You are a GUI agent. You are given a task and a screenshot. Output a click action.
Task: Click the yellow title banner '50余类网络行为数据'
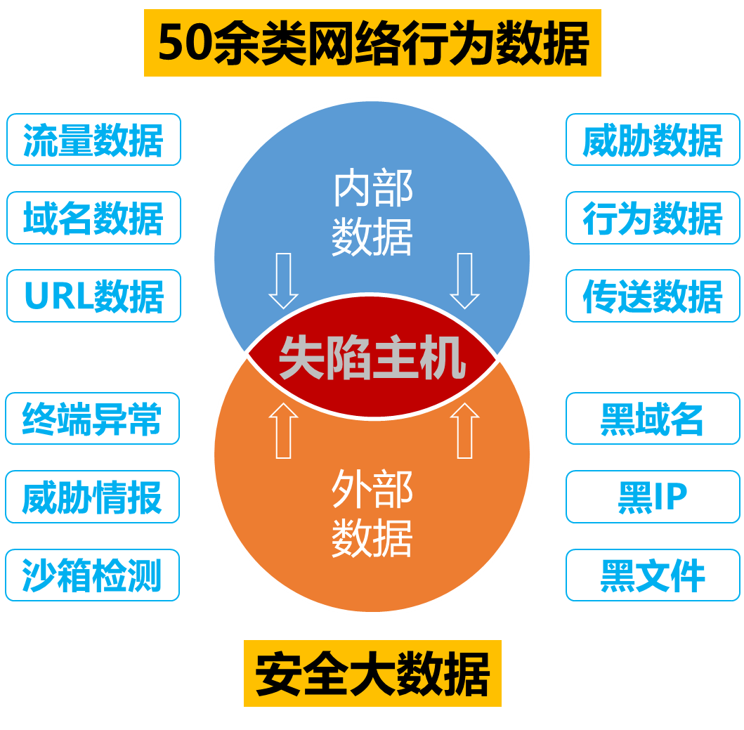pos(372,43)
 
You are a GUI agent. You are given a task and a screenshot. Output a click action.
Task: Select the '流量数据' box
pos(93,140)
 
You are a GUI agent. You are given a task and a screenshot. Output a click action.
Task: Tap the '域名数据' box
pos(93,218)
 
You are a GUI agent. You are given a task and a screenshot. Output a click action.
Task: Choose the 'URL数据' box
pos(93,296)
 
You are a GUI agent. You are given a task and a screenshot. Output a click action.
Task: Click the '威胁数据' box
pos(653,140)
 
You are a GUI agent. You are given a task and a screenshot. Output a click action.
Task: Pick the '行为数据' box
pos(653,218)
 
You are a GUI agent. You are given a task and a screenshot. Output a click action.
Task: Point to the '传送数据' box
pos(653,296)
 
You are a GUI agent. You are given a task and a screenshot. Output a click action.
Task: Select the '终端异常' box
pos(92,419)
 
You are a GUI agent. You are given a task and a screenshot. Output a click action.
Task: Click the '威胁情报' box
pos(92,497)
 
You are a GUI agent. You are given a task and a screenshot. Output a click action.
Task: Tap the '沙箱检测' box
pos(92,575)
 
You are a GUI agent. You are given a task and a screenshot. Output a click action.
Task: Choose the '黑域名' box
pos(653,419)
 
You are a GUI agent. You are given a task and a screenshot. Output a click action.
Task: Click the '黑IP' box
pos(653,497)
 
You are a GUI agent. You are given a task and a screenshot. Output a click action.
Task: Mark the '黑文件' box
pos(653,575)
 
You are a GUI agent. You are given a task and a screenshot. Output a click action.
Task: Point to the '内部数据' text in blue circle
pos(372,214)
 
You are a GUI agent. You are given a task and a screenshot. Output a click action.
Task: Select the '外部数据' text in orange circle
pos(372,513)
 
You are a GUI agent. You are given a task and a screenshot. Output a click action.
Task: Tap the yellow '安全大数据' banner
pos(372,673)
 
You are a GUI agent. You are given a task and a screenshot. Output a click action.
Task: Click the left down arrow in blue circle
pos(284,280)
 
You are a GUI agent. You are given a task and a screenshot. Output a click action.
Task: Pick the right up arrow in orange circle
pos(464,431)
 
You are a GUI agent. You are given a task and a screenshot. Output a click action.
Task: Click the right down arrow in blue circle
pos(464,280)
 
